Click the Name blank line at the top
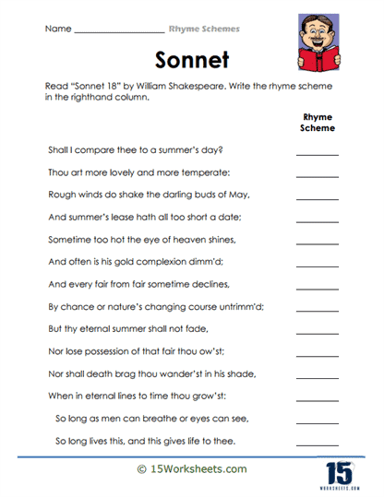click(x=116, y=31)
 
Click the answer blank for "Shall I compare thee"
click(x=318, y=153)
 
